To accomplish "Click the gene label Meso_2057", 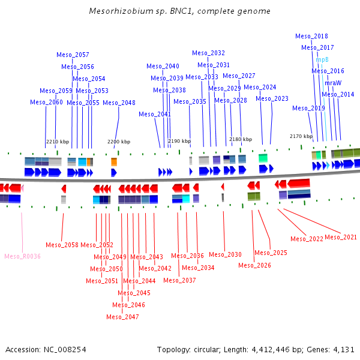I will (x=73, y=55).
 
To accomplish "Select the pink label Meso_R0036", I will (x=22, y=256).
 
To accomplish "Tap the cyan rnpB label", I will (x=322, y=59).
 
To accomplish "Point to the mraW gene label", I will (x=333, y=83).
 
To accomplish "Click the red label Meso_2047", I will (x=122, y=317).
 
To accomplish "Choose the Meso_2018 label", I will (x=311, y=36).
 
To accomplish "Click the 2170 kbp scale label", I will (x=301, y=136).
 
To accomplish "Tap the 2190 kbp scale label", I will (x=179, y=141).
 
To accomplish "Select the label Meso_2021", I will (x=341, y=238).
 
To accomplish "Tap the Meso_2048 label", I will (x=119, y=103).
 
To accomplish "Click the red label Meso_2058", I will (x=62, y=245).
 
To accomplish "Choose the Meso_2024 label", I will (x=260, y=88).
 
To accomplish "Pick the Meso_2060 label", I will (x=46, y=103).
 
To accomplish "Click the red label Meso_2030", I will (x=225, y=254).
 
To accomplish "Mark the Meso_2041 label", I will (x=155, y=114).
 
